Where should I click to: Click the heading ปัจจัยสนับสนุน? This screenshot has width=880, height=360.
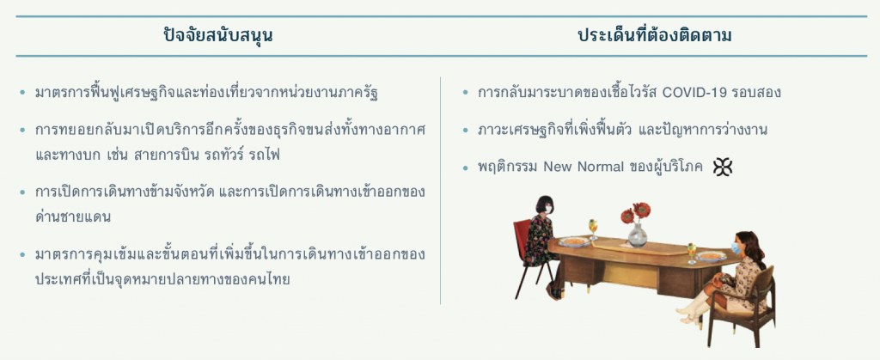point(218,36)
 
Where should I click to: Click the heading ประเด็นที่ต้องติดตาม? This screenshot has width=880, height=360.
point(654,35)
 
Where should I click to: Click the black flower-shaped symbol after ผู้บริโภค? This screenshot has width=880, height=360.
point(722,167)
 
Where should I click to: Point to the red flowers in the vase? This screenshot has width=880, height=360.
point(637,213)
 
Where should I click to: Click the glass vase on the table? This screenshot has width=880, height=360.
point(638,235)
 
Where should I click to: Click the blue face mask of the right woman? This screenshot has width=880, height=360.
point(736,247)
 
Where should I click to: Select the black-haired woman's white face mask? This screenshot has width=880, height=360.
point(548,209)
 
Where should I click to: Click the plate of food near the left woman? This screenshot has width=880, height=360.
point(574,241)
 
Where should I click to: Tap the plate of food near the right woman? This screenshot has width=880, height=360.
point(711,256)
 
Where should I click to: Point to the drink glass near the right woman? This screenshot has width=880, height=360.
point(692,253)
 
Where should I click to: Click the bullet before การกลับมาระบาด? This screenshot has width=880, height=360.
point(465,93)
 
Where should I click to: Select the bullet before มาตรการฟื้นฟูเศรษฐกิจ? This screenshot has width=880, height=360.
point(22,93)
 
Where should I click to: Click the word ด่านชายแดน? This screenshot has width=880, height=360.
point(72,217)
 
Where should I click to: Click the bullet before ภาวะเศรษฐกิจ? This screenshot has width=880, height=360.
point(465,130)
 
